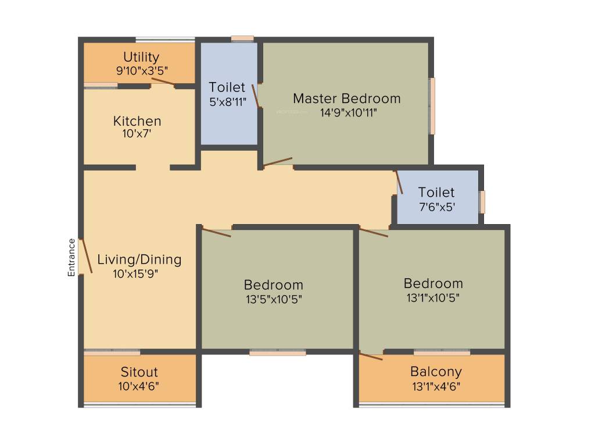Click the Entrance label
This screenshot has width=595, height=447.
[x=71, y=257]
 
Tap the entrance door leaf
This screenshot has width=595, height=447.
[x=87, y=256]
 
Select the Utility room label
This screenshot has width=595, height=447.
[x=141, y=58]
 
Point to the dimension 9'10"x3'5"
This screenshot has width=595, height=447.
[x=142, y=70]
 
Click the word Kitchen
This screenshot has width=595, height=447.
[x=137, y=121]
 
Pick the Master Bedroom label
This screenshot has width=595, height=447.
[x=347, y=98]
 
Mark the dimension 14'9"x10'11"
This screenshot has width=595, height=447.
[x=349, y=112]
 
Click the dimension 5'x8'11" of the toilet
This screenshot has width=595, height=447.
[x=228, y=102]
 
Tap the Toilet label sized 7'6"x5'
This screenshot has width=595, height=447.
[x=436, y=192]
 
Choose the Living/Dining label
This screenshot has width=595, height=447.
[x=139, y=260]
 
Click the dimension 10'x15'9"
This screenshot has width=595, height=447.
[x=135, y=274]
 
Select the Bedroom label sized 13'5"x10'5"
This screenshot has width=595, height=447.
[x=273, y=285]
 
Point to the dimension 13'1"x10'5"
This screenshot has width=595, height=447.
[x=433, y=298]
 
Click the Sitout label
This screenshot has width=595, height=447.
[x=139, y=372]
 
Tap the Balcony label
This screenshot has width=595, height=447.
[x=436, y=371]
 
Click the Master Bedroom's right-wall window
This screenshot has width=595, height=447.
[x=432, y=106]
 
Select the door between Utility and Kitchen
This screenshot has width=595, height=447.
[x=163, y=81]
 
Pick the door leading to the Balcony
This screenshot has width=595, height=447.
[x=371, y=357]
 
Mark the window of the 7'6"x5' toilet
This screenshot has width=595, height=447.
[x=482, y=202]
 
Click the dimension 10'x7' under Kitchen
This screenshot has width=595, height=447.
[x=137, y=134]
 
